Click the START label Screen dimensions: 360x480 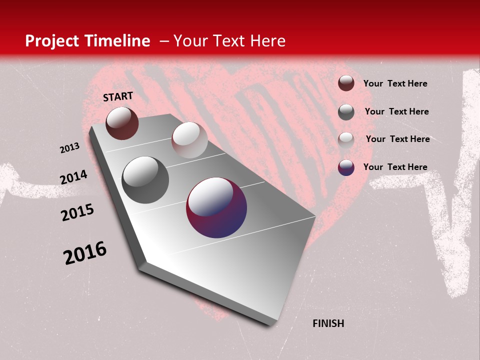point(118,96)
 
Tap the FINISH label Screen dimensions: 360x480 point(328,323)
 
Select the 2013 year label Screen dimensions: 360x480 point(69,148)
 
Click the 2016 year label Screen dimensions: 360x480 point(85,253)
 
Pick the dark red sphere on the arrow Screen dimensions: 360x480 point(122,123)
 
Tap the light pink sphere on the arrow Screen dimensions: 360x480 point(189,140)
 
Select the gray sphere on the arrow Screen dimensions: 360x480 point(145,179)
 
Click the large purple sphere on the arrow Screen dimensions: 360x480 point(216,207)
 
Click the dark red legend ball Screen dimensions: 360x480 point(346,83)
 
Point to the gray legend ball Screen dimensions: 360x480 point(346,112)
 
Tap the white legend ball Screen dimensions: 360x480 point(346,139)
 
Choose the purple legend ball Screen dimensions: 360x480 point(346,167)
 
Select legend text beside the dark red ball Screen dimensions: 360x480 point(395,83)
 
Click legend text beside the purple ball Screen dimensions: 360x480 point(395,167)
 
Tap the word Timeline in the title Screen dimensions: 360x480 point(118,41)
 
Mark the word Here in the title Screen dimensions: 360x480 point(267,41)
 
